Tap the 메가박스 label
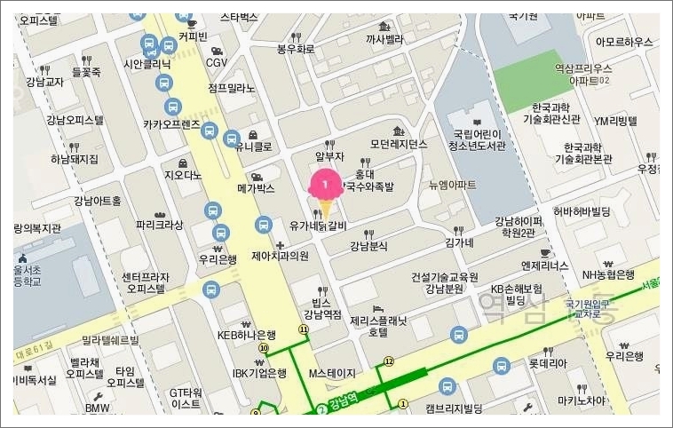[x=256, y=188]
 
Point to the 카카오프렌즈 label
[x=184, y=124]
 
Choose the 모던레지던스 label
[x=399, y=144]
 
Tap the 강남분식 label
[x=368, y=245]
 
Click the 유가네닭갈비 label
[x=317, y=226]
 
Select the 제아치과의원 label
[x=280, y=256]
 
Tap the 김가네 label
[x=460, y=242]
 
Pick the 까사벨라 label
[x=384, y=39]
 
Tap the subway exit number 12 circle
[x=388, y=361]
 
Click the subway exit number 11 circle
[x=304, y=329]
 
